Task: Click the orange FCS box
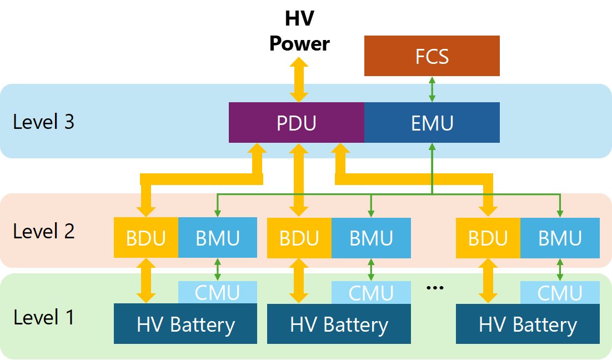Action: click(432, 56)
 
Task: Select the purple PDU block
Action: click(297, 122)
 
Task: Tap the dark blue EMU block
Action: click(432, 122)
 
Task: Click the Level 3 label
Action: click(43, 121)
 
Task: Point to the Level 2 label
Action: click(43, 231)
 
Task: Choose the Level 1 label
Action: click(43, 317)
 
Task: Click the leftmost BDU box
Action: click(146, 238)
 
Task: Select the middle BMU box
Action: click(371, 238)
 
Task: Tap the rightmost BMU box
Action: click(560, 238)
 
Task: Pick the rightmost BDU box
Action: click(488, 238)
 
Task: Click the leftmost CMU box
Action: click(217, 293)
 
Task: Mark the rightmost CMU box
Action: click(560, 293)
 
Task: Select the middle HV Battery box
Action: click(339, 324)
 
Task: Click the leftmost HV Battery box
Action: click(185, 324)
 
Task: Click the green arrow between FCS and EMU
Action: click(432, 89)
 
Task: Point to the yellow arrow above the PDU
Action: click(299, 79)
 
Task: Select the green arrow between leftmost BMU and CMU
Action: click(217, 269)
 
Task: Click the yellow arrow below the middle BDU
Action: click(299, 281)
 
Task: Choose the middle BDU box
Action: click(299, 238)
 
